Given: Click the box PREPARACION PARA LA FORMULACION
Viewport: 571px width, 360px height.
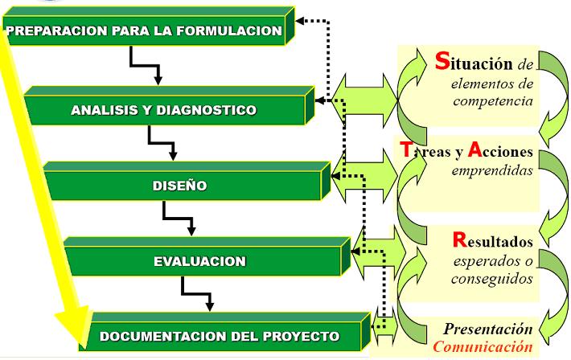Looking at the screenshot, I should point(145,32).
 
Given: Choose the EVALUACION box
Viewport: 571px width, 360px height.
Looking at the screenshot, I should point(200,261).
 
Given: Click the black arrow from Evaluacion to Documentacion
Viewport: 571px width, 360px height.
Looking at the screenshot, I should point(198,293).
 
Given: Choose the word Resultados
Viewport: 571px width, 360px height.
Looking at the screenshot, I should point(493,239).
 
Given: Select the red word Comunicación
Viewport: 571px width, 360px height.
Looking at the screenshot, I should point(483,346).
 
